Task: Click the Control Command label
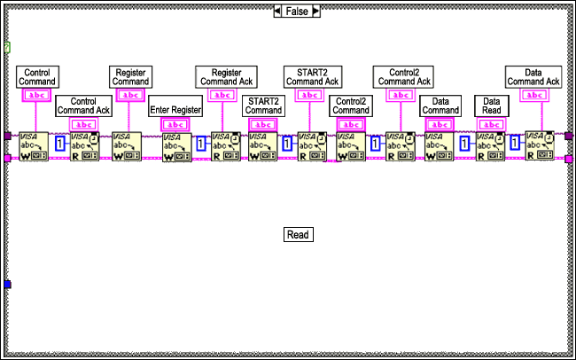point(36,76)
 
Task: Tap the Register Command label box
point(130,76)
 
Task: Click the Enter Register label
point(175,109)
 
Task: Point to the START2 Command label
point(264,106)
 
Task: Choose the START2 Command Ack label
point(312,76)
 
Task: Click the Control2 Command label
point(351,106)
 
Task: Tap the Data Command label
point(440,106)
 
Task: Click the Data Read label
point(491,106)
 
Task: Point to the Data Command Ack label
point(533,76)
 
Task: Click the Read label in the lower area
point(298,235)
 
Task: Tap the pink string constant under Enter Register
point(175,125)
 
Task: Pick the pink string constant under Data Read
point(491,124)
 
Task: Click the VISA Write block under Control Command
point(31,146)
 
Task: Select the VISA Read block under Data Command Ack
point(538,146)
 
